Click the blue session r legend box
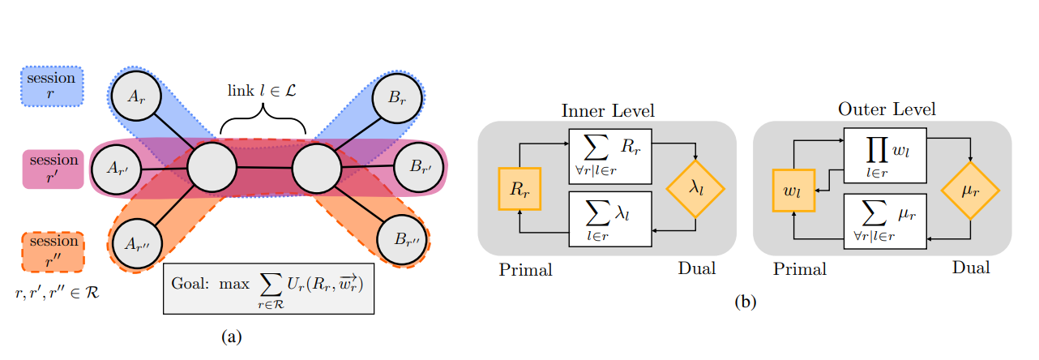(52, 87)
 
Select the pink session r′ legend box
(52, 169)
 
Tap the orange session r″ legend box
(52, 251)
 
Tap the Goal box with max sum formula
(269, 288)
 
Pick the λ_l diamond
(695, 187)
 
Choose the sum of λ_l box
(611, 219)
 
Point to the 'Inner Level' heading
(607, 109)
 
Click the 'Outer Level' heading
(887, 109)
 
